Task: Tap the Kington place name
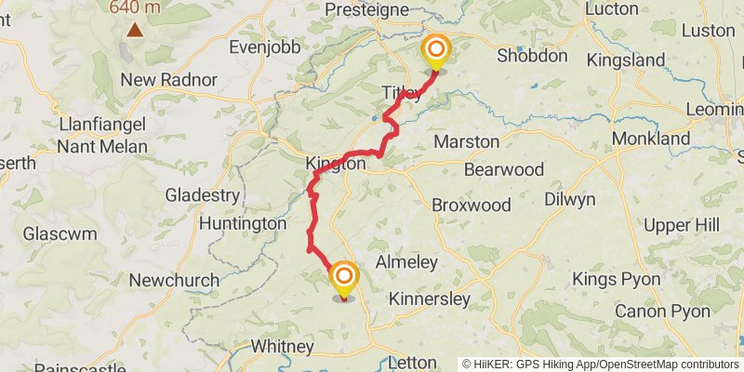click(x=336, y=163)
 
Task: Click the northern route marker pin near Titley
click(x=434, y=52)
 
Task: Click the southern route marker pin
click(x=344, y=278)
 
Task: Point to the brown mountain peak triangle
click(x=136, y=30)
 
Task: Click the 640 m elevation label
click(x=136, y=7)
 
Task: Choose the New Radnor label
click(x=169, y=80)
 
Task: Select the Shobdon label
click(x=531, y=56)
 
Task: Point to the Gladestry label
click(x=202, y=195)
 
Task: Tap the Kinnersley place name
click(x=429, y=299)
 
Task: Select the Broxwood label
click(x=472, y=204)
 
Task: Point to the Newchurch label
click(x=174, y=280)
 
